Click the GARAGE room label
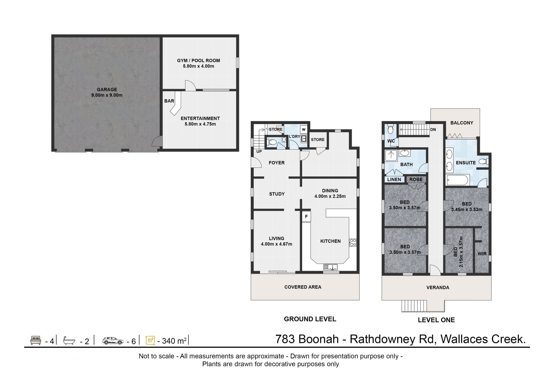(x=107, y=89)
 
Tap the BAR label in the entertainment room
(x=169, y=101)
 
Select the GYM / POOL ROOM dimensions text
(x=199, y=66)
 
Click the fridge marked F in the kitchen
(x=306, y=217)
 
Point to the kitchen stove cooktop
(x=353, y=243)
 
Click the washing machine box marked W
(x=304, y=129)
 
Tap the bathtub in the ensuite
(x=457, y=180)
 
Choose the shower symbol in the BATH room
(x=391, y=155)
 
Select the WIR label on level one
(x=482, y=254)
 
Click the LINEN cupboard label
(x=394, y=179)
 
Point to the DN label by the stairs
(x=433, y=129)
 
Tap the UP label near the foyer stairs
(x=259, y=151)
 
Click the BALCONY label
(x=462, y=123)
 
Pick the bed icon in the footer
(x=36, y=340)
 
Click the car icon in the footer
(x=113, y=341)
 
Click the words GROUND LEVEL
(x=310, y=319)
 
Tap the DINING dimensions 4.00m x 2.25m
(x=330, y=196)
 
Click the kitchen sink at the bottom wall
(x=331, y=267)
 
